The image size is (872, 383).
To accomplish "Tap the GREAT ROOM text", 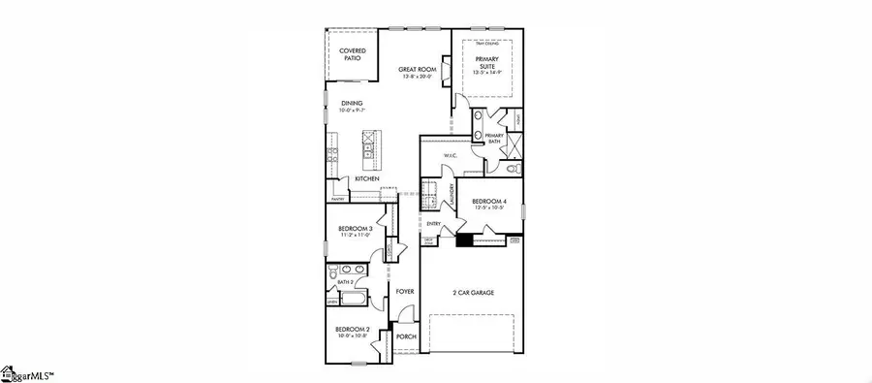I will coord(420,71).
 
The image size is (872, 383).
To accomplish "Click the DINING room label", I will coord(352,106).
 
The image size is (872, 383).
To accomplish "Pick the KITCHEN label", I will coord(366,179).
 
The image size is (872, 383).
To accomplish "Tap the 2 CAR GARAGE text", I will coord(475,292).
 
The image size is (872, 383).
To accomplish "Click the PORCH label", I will coord(406,337).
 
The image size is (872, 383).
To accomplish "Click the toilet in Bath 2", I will coord(334,284).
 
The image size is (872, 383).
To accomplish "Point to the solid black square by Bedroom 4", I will coord(464,239).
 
